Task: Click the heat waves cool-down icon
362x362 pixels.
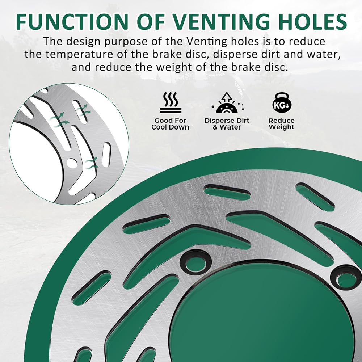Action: point(171,103)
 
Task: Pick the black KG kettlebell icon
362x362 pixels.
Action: point(282,103)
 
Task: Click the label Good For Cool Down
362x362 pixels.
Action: point(171,124)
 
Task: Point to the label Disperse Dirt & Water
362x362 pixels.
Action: point(227,124)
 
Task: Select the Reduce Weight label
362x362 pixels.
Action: point(281,124)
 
